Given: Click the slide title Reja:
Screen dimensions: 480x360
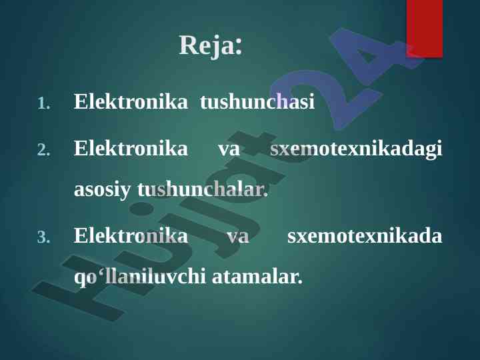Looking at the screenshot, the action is (x=211, y=45).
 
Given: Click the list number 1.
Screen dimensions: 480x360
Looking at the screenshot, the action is (x=44, y=104).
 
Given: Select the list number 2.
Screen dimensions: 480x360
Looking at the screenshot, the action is (x=43, y=150).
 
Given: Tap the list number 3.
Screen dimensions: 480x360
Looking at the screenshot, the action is (x=43, y=237).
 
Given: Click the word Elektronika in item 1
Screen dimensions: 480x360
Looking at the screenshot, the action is (x=131, y=101).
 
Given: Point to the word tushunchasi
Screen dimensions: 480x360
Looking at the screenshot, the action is (x=257, y=101).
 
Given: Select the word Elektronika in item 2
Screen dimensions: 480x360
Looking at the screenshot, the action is (x=131, y=148).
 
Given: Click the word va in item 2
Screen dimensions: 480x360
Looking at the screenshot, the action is (x=229, y=149).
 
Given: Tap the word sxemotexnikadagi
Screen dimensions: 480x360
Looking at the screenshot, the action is (x=356, y=149).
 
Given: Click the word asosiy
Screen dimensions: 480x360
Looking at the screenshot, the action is (x=102, y=191).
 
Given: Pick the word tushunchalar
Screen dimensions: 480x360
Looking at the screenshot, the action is (x=203, y=189).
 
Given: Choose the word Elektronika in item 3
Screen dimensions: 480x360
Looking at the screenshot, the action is (x=131, y=235).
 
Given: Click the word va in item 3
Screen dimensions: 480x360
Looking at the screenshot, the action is (x=238, y=237).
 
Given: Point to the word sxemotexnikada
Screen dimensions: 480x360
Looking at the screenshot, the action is (x=365, y=235).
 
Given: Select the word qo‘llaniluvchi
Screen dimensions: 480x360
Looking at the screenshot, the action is (x=140, y=277).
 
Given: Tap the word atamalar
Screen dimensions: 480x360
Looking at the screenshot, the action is (x=257, y=277).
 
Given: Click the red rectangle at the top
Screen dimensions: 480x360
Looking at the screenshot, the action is (x=425, y=29).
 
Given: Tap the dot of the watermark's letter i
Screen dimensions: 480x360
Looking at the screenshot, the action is (x=141, y=209).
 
